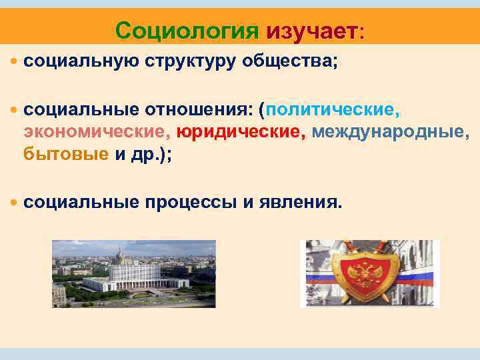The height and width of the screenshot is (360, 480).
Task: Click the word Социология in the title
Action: coord(187,30)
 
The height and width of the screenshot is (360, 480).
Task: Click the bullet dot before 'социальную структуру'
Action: coord(15,62)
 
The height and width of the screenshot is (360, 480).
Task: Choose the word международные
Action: coord(391,132)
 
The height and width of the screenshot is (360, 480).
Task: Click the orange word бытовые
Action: coord(65,154)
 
